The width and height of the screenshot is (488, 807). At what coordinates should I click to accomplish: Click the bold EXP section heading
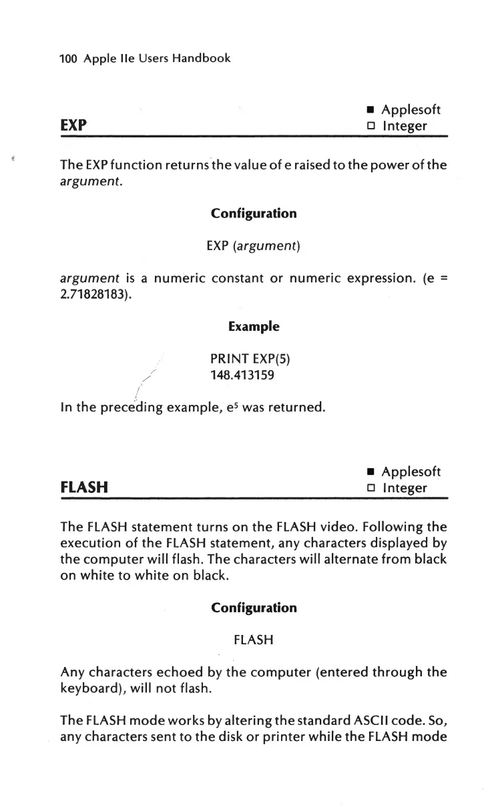(72, 125)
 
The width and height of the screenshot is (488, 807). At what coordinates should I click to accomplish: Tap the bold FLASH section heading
(83, 488)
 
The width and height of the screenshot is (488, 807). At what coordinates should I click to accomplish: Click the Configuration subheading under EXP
(254, 213)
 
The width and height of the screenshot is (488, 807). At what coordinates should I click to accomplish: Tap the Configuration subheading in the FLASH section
(254, 608)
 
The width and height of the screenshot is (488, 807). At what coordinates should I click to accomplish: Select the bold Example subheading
(254, 327)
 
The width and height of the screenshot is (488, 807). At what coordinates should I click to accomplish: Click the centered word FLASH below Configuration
(254, 641)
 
